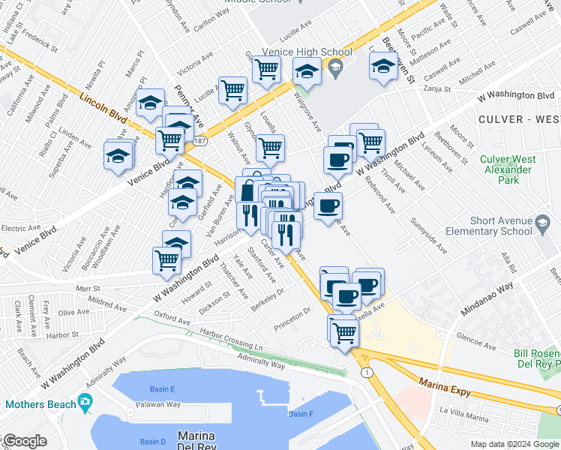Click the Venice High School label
click(306, 52)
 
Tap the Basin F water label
click(301, 414)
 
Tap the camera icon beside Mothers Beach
click(84, 403)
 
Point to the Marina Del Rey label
click(196, 441)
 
